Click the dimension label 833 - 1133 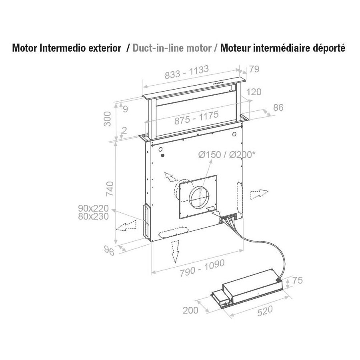pyautogui.click(x=187, y=72)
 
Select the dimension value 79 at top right pyautogui.click(x=254, y=69)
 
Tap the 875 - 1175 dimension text pyautogui.click(x=196, y=118)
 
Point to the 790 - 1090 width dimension pyautogui.click(x=202, y=268)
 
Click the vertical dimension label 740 pyautogui.click(x=110, y=188)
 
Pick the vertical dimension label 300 pyautogui.click(x=107, y=119)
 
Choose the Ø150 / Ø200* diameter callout pyautogui.click(x=227, y=155)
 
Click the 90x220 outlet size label pyautogui.click(x=93, y=208)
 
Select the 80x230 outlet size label pyautogui.click(x=93, y=216)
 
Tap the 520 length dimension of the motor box pyautogui.click(x=265, y=311)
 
